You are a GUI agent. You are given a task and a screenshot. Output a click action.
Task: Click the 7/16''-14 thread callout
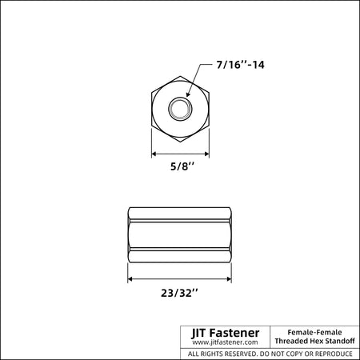coord(240,65)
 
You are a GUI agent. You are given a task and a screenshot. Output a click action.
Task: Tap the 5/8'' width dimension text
coord(182,166)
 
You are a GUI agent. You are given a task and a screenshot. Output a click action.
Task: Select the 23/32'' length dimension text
coord(179,293)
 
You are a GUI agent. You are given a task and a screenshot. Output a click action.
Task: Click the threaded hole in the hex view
coord(180,109)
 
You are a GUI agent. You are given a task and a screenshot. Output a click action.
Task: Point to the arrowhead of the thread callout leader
coord(188,94)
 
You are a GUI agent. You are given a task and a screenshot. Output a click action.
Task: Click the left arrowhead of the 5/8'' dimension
coord(154,154)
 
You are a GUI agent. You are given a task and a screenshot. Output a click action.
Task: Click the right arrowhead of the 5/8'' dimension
coord(206,154)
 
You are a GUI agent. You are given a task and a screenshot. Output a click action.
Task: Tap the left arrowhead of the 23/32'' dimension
coord(130,279)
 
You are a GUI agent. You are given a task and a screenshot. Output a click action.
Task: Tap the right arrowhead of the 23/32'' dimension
coord(229,279)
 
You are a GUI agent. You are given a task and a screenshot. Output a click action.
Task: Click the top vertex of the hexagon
coord(180,76)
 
